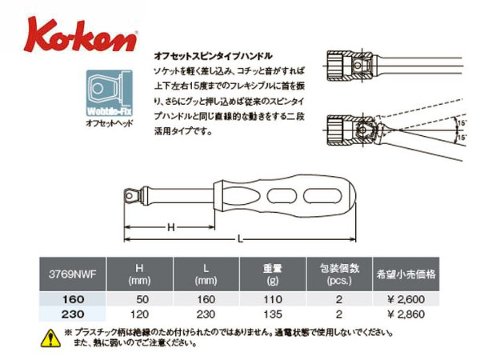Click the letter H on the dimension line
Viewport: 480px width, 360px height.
click(170, 227)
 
